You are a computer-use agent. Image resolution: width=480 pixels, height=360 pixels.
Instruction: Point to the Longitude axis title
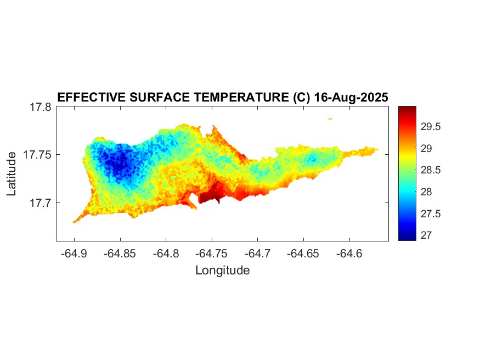click(222, 270)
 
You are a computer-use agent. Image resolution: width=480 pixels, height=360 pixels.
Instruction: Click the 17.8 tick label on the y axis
click(40, 107)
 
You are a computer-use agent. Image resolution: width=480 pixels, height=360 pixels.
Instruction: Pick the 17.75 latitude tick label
click(37, 155)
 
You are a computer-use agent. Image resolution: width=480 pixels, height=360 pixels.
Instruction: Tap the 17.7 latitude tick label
click(40, 203)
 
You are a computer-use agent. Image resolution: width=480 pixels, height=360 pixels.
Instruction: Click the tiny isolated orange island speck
click(330, 119)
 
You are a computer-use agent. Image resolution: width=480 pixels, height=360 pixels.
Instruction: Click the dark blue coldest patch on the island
click(117, 162)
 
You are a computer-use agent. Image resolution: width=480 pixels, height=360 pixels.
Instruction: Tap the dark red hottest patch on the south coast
click(211, 194)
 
